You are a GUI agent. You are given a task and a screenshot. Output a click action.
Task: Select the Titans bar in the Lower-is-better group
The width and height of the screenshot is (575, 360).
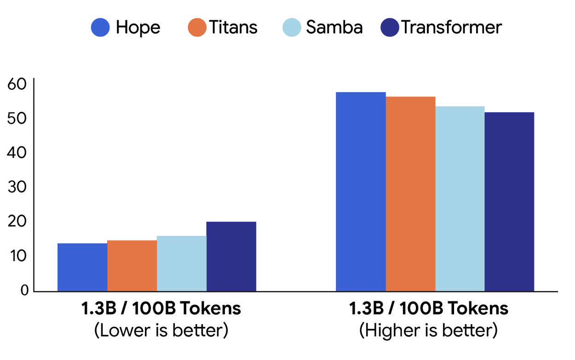tap(132, 266)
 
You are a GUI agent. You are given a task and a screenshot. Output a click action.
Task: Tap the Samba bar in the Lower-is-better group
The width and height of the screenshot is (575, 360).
tap(182, 263)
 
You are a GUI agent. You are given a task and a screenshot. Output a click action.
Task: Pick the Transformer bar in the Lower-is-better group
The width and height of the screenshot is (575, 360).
tap(231, 256)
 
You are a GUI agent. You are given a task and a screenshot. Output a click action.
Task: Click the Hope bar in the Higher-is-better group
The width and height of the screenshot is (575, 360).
tap(361, 192)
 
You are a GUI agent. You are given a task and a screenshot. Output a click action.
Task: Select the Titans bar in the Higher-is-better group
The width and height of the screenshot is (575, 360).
tap(410, 194)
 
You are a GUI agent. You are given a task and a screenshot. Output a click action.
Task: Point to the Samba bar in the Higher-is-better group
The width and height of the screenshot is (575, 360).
tap(460, 199)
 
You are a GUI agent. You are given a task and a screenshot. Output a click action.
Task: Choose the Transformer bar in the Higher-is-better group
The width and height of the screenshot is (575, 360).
tap(510, 202)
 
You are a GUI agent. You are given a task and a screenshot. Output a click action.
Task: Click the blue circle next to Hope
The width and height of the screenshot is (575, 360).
tap(101, 28)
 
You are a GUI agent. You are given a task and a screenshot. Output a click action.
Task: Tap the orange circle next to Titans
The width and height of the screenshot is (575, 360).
tap(197, 28)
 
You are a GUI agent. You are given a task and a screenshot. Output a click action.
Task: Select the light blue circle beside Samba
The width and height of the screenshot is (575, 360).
tap(292, 28)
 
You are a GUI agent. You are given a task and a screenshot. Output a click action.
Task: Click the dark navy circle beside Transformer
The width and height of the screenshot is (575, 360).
tap(390, 28)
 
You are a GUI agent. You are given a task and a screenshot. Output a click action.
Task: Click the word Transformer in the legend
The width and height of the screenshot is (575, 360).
tap(451, 28)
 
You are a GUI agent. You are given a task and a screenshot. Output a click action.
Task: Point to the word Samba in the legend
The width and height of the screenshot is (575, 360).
tap(334, 28)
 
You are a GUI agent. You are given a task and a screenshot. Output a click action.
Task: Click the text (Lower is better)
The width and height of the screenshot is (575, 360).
tap(161, 331)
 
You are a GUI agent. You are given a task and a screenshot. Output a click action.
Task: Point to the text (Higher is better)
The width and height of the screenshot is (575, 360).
tap(428, 331)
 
